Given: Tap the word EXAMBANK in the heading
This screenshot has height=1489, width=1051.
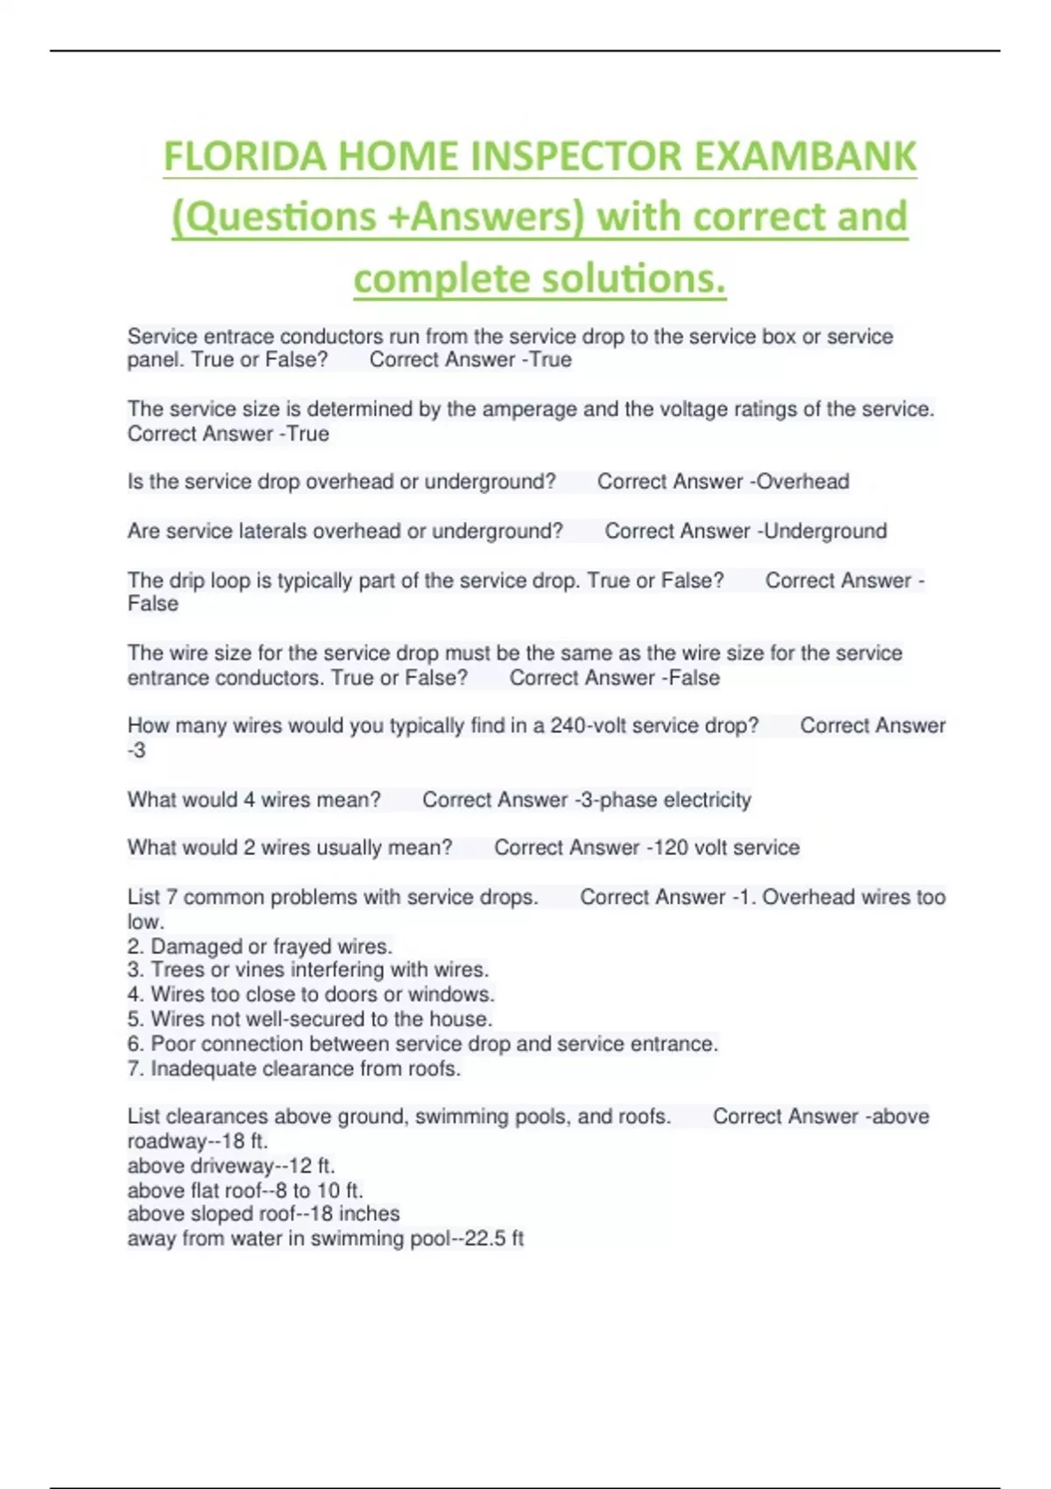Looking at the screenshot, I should pos(806,157).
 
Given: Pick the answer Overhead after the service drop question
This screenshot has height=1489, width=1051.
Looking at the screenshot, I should pos(803,482).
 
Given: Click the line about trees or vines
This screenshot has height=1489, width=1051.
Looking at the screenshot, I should pos(307,970).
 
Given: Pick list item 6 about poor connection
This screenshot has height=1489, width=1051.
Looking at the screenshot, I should pos(422,1043).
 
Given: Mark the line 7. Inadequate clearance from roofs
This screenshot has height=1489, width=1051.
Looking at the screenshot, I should pos(293,1069).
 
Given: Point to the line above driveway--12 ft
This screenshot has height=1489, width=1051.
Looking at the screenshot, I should pos(231,1166).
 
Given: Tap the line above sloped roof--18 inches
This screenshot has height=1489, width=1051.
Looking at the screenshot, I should pos(263,1214).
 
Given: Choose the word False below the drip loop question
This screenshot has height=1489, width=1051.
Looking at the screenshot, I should pos(152,604).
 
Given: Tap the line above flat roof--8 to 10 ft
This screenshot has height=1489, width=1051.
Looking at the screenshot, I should pos(245,1190).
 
